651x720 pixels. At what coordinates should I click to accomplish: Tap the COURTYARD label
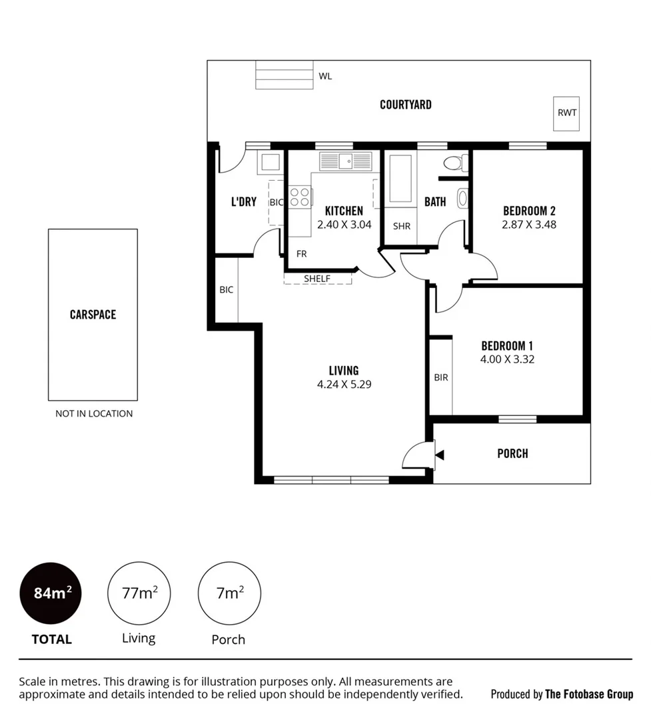point(405,105)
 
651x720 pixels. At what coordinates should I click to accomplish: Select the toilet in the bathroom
point(454,163)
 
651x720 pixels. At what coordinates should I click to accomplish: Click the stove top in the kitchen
point(301,197)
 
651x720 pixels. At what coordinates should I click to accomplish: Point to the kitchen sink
point(345,161)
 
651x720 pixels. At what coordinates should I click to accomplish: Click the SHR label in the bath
point(402,226)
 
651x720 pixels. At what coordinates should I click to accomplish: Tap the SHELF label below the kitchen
point(317,278)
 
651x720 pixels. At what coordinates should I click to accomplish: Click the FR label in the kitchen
point(302,254)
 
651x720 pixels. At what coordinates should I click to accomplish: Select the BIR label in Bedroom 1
point(440,377)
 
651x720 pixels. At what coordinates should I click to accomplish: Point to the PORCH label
point(512,453)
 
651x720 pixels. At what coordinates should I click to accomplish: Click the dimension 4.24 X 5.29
point(343,384)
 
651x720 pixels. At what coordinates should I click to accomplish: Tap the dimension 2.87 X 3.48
point(528,225)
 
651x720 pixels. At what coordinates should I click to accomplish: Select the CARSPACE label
point(93,314)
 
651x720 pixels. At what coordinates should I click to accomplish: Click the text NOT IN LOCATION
point(94,413)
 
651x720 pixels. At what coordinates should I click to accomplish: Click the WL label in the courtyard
point(325,76)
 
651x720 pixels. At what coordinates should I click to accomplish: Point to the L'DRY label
point(243,201)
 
